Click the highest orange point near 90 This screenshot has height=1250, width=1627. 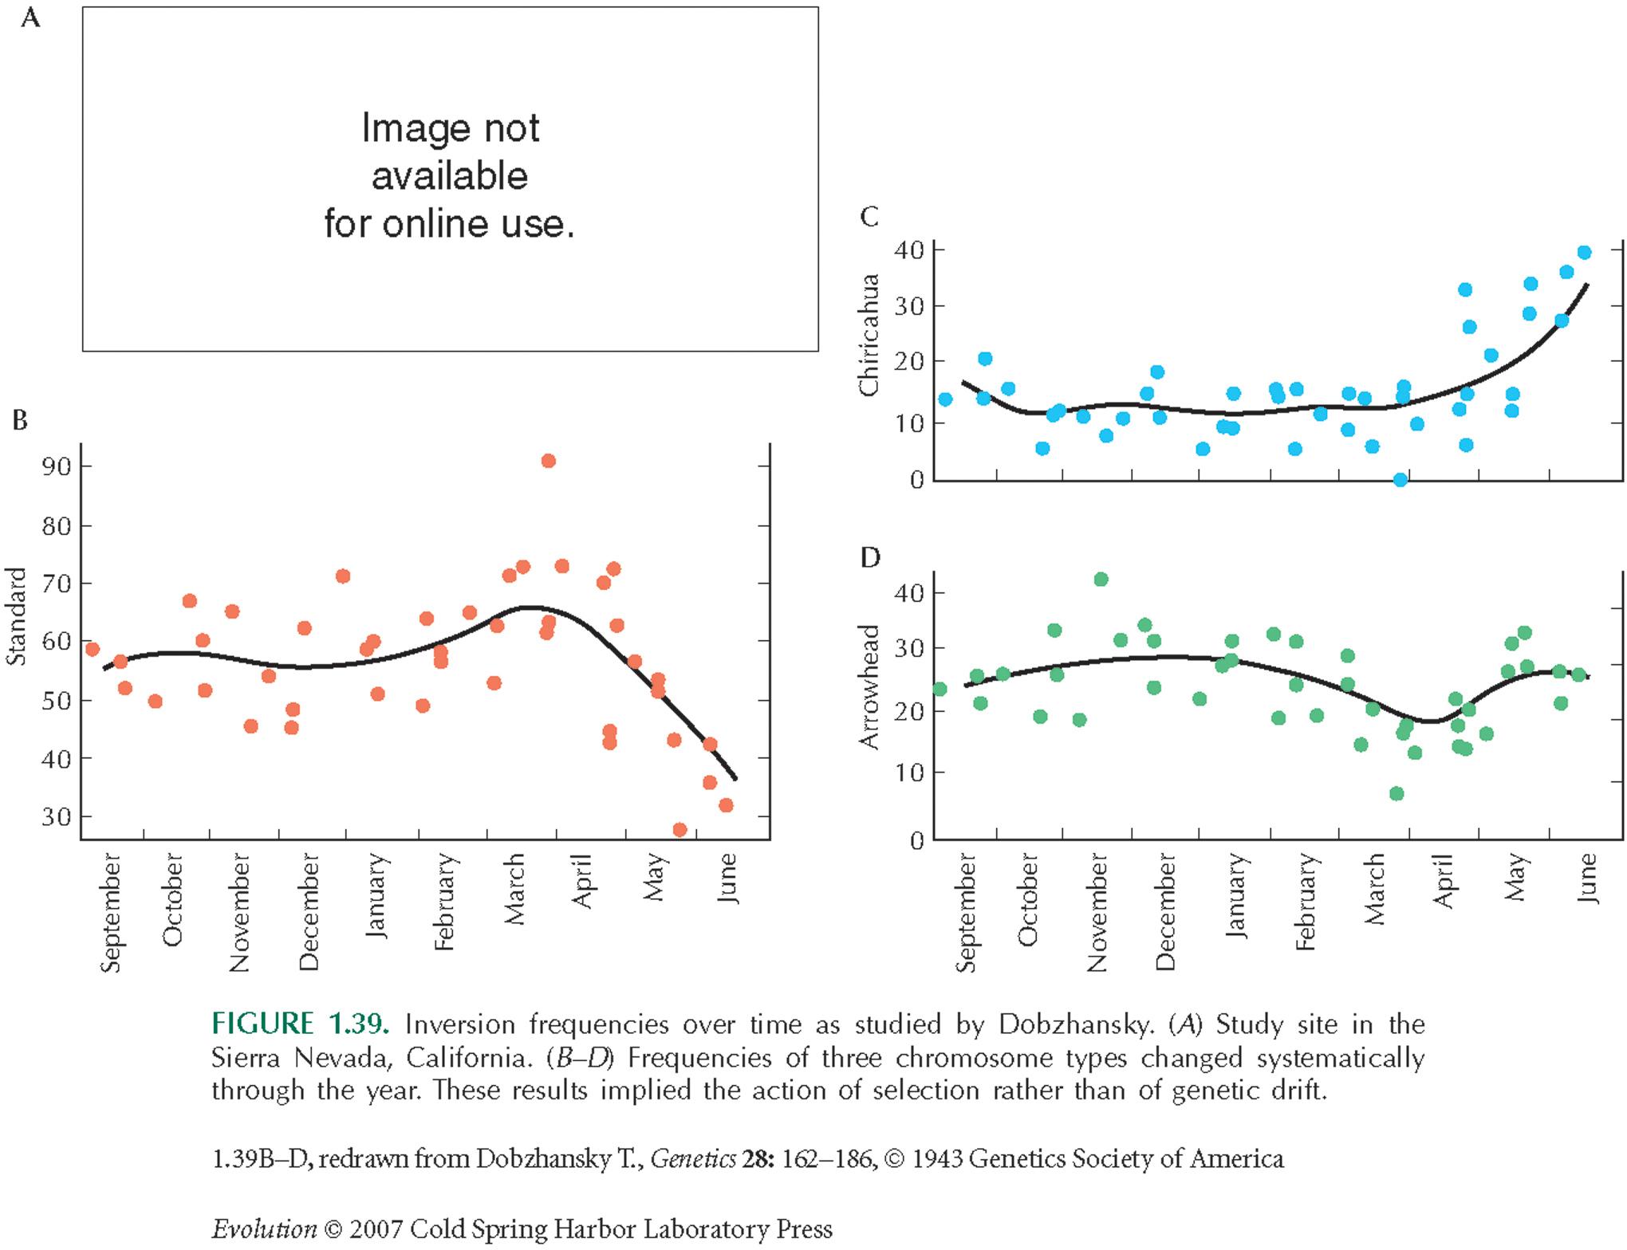[548, 461]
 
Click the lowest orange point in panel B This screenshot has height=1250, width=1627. [680, 830]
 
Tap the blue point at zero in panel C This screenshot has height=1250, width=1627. [1400, 479]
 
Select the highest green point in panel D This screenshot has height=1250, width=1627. [1101, 580]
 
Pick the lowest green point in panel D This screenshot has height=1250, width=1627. [1397, 793]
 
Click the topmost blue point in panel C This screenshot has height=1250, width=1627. [1584, 253]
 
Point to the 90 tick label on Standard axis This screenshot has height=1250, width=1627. [56, 466]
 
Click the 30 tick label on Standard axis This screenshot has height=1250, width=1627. [56, 817]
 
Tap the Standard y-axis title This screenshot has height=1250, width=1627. [17, 616]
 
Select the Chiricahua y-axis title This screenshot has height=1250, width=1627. [869, 335]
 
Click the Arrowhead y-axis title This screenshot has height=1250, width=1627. [869, 686]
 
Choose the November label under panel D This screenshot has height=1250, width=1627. [1097, 912]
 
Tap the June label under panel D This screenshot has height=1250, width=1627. [1587, 878]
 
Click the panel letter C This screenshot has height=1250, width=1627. [869, 217]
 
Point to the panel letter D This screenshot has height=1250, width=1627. [870, 557]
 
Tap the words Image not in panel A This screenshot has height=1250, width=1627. [450, 128]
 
